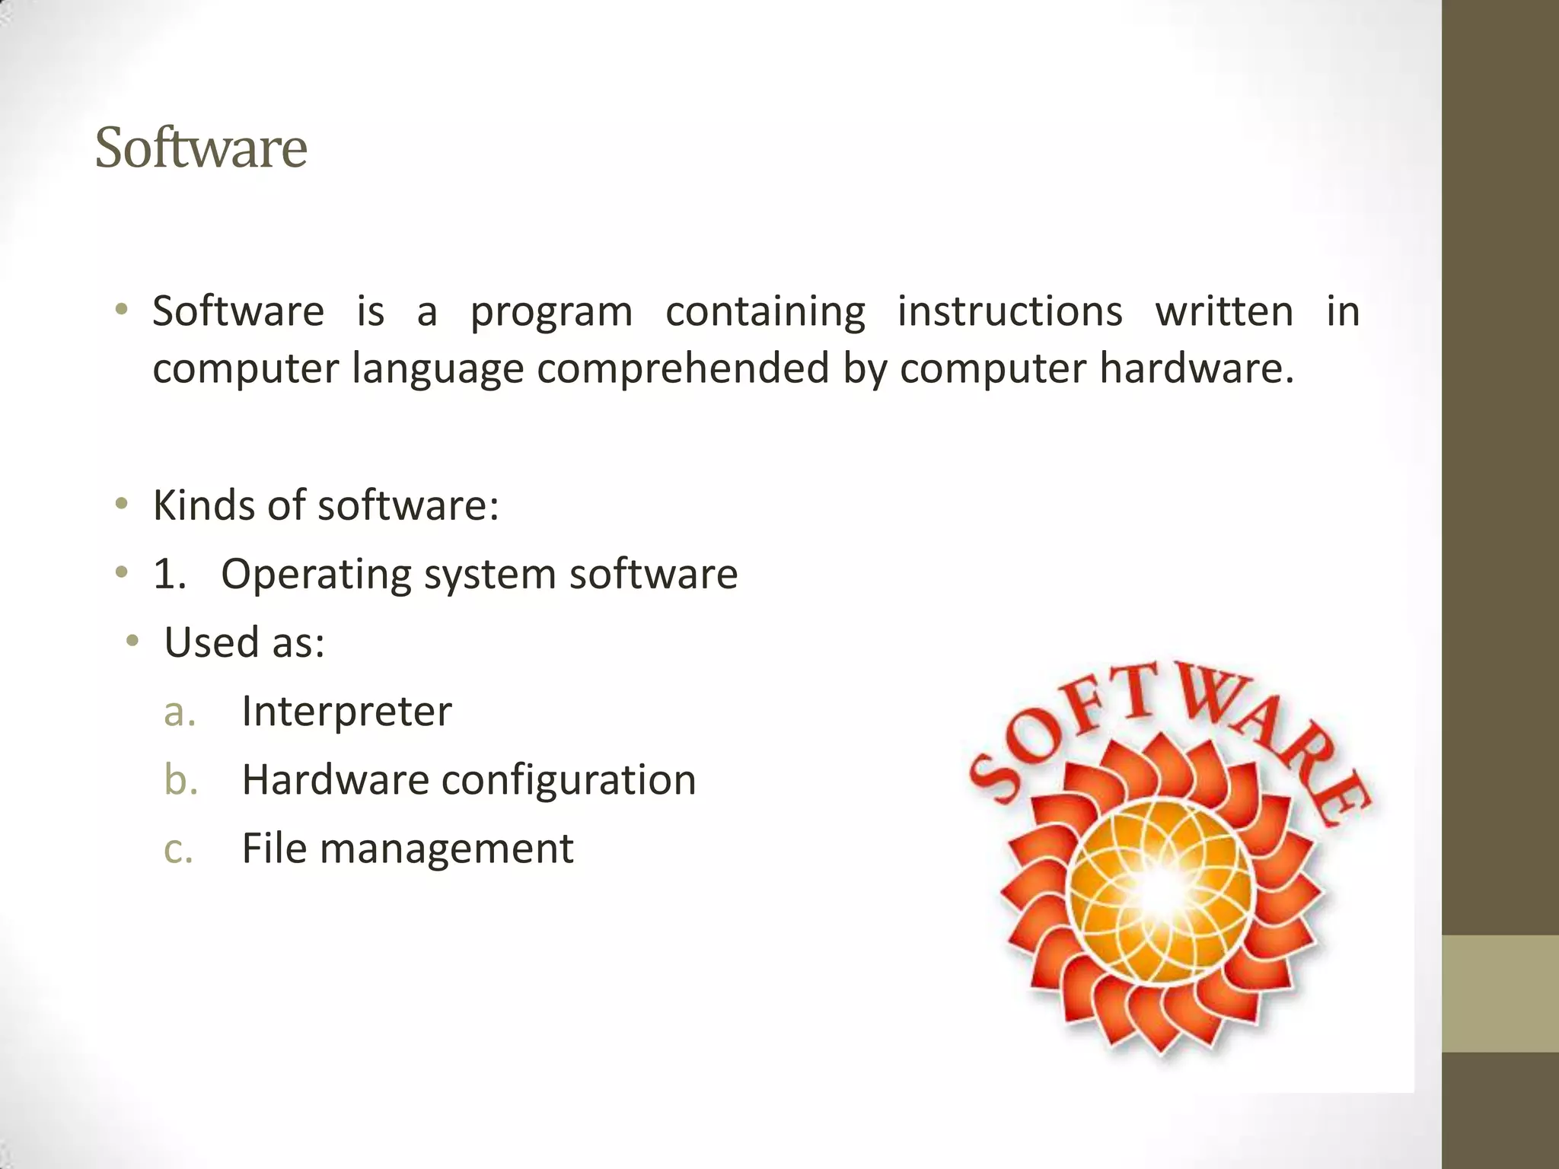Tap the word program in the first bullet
coord(551,312)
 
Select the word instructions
coord(1009,311)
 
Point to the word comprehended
coord(683,368)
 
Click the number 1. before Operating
coord(169,574)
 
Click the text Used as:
coord(244,642)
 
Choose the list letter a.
coord(180,712)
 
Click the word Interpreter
coord(346,712)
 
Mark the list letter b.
coord(181,780)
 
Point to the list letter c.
coord(179,849)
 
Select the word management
coord(446,849)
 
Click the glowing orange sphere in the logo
coord(1160,890)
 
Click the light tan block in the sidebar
coord(1500,993)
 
